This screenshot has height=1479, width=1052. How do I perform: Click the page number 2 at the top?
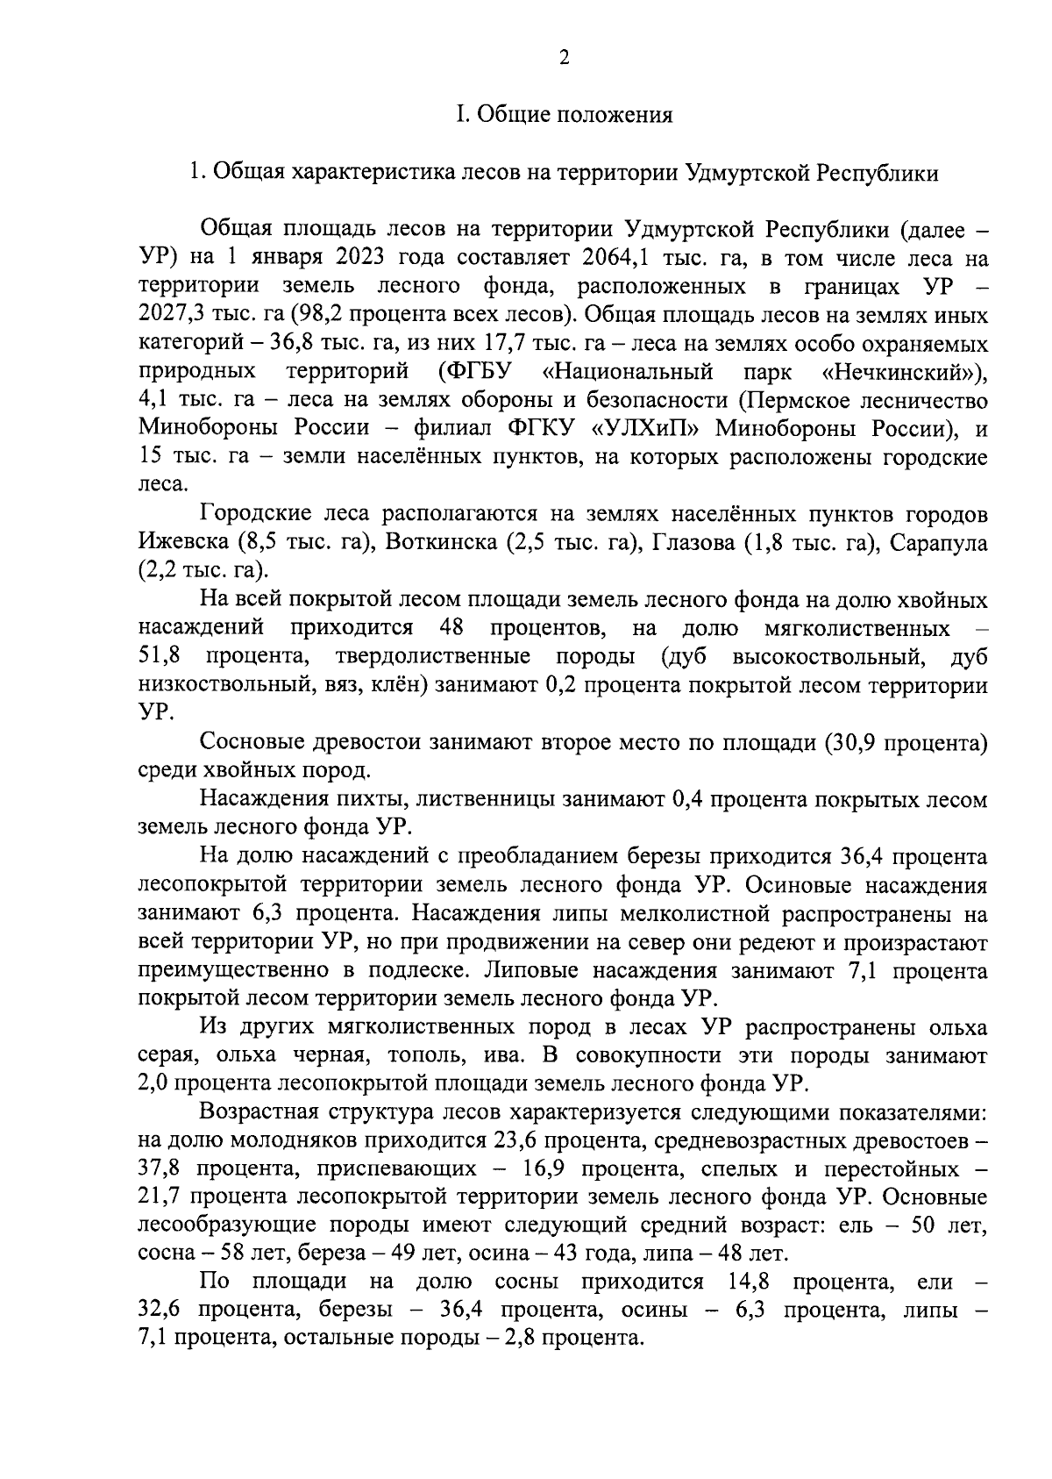564,58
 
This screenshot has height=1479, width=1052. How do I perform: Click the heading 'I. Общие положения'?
564,115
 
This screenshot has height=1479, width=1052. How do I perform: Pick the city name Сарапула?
938,543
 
